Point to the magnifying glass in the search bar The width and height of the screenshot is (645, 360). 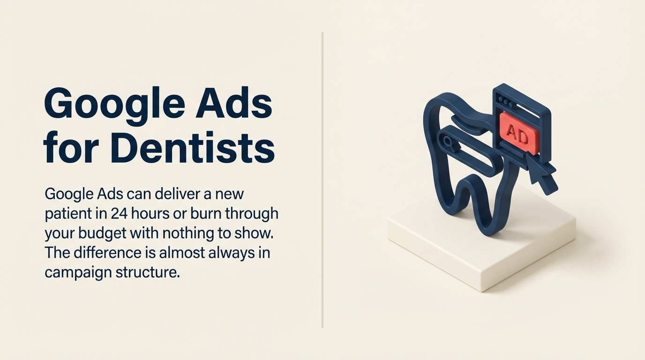446,139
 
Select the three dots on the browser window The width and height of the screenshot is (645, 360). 505,100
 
